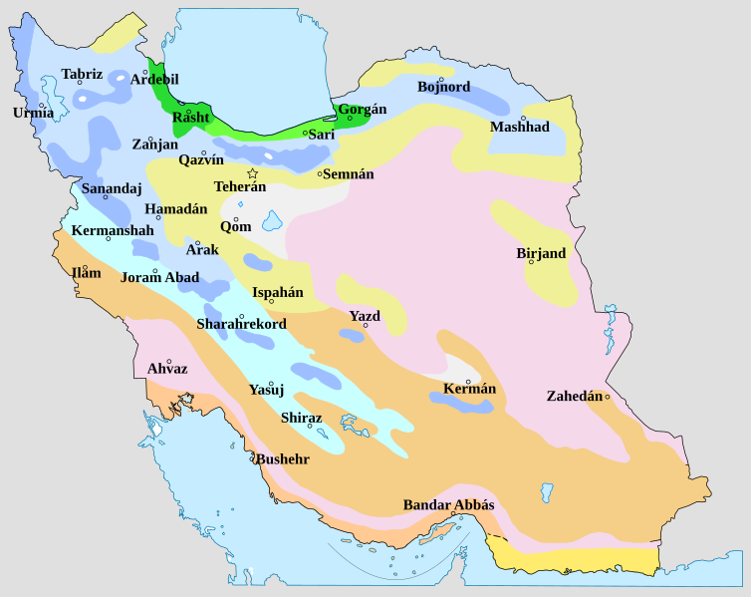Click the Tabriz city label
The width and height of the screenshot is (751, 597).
click(x=82, y=74)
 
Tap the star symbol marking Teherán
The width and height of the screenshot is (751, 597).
click(x=252, y=172)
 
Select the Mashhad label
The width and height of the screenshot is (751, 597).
click(x=519, y=127)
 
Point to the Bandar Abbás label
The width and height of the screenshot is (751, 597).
click(x=448, y=505)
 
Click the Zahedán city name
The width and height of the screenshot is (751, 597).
click(x=575, y=396)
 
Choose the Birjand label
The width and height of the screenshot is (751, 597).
click(x=541, y=253)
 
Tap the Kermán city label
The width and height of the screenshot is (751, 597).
click(x=469, y=388)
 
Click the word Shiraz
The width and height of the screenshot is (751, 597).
click(x=301, y=418)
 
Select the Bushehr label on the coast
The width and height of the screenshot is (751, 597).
click(x=282, y=459)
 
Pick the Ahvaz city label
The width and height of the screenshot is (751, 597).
click(x=166, y=369)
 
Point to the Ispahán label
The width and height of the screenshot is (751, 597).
click(x=277, y=292)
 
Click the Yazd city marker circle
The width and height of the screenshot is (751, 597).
click(x=366, y=325)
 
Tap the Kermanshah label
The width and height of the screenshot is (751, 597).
click(x=113, y=230)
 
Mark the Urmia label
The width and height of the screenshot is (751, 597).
click(x=33, y=113)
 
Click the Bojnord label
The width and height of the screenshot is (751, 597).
click(x=443, y=87)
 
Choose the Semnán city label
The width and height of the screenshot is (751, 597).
click(x=348, y=173)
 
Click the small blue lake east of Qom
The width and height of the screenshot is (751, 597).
click(x=272, y=220)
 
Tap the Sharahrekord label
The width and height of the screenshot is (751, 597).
click(x=241, y=324)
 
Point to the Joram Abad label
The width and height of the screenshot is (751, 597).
click(x=160, y=277)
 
